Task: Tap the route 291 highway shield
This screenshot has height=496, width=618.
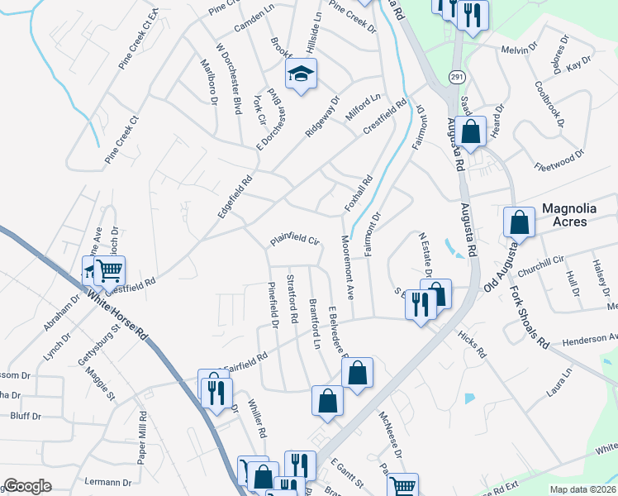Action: (457, 76)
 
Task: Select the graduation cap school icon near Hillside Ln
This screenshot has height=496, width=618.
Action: (301, 74)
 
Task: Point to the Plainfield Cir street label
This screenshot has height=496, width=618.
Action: (292, 242)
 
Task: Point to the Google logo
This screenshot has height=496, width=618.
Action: (27, 486)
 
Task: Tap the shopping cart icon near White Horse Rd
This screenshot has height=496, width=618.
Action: (109, 269)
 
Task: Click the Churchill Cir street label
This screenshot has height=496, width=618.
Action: (540, 259)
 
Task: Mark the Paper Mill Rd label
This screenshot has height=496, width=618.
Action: (141, 437)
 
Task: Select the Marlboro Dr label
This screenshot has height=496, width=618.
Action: (207, 81)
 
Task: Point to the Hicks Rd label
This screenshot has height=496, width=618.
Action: (471, 342)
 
